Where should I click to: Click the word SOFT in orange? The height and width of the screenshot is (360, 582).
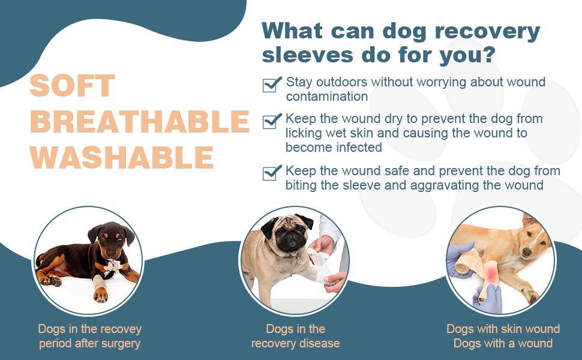[72, 86]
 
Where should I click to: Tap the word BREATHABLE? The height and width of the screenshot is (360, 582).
[140, 121]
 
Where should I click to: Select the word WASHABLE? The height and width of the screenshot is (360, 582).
[122, 157]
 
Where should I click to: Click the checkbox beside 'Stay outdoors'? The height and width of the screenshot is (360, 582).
[272, 85]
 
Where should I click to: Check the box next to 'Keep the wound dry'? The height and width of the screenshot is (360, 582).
[272, 121]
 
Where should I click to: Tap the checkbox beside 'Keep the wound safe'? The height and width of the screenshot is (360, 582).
[272, 173]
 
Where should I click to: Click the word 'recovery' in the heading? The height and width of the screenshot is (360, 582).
[488, 31]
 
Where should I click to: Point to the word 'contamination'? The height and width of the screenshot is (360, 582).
[326, 97]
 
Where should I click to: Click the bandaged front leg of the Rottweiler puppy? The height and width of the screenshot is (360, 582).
[99, 283]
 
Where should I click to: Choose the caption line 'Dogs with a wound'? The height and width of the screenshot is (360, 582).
[503, 343]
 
